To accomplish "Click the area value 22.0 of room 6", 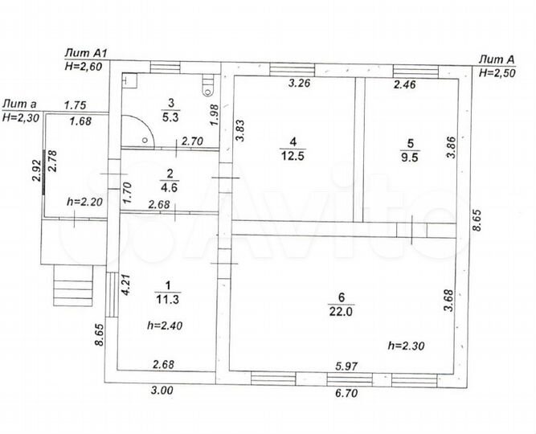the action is (x=341, y=312).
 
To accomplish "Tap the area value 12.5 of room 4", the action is (x=293, y=156).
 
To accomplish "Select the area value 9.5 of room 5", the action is (x=410, y=158).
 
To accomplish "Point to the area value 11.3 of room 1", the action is (x=167, y=300).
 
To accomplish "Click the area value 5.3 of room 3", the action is (x=170, y=117).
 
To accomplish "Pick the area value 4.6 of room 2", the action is (x=170, y=187).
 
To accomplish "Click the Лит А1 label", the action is (x=87, y=53).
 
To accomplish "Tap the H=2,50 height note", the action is (x=497, y=73).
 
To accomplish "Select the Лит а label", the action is (x=19, y=104).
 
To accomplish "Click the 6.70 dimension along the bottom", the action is (x=346, y=393).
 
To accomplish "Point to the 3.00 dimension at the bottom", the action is (x=162, y=390).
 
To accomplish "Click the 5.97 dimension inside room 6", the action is (x=346, y=366).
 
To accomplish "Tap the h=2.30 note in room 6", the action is (x=406, y=346).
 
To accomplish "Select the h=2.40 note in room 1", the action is (x=165, y=325).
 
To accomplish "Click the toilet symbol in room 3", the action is (x=207, y=85).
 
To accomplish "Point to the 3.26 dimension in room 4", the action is (x=300, y=83).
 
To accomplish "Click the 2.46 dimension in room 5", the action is (x=405, y=84).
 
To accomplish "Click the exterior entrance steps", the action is (x=73, y=285).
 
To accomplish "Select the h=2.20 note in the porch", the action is (x=84, y=202).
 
